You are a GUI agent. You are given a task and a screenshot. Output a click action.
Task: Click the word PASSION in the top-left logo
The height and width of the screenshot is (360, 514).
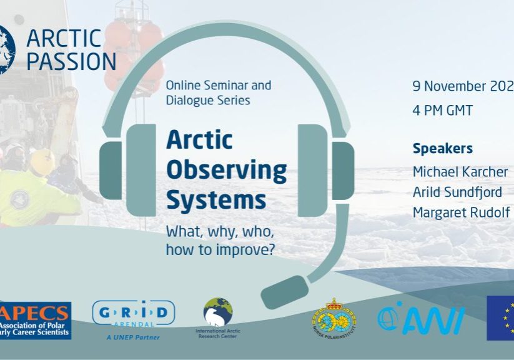pos(71,61)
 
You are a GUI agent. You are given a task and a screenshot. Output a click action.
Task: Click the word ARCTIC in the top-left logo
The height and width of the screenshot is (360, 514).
pos(64,38)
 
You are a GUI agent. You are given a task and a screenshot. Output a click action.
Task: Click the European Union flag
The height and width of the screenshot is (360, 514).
pos(500,317)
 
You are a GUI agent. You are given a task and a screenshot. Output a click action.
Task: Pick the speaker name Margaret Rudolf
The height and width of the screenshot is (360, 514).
pos(462,212)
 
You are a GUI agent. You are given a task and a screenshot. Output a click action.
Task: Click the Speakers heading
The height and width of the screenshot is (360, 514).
pos(442,149)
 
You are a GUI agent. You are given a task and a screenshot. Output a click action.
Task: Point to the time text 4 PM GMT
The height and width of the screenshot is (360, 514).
pos(442,111)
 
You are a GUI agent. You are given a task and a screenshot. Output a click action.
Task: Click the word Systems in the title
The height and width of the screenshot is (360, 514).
pos(215,201)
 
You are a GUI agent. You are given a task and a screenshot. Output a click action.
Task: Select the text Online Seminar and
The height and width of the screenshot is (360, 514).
pos(218,86)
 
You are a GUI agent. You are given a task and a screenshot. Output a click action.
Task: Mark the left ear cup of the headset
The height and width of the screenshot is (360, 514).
pos(140,170)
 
